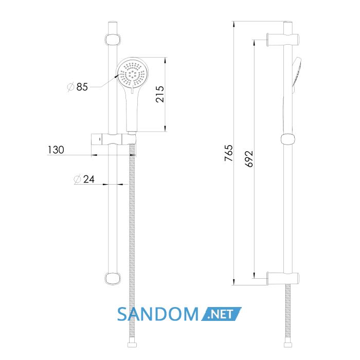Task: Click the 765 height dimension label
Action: tap(229, 153)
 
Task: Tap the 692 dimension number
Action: tap(249, 158)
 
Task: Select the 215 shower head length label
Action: tap(160, 94)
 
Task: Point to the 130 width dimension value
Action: tap(56, 150)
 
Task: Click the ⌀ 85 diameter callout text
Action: tap(77, 87)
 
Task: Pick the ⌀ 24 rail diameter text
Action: tap(84, 179)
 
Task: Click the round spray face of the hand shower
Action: tap(132, 73)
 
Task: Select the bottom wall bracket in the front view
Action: tap(113, 278)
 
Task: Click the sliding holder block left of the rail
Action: tap(99, 139)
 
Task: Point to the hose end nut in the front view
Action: tap(132, 345)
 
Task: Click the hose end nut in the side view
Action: tap(288, 345)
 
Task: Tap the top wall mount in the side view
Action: tap(283, 39)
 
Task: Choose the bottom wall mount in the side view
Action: tap(283, 278)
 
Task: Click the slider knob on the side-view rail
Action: tap(288, 139)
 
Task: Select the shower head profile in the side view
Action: tap(296, 75)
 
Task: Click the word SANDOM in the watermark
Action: tap(158, 314)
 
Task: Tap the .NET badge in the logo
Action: tap(222, 314)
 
